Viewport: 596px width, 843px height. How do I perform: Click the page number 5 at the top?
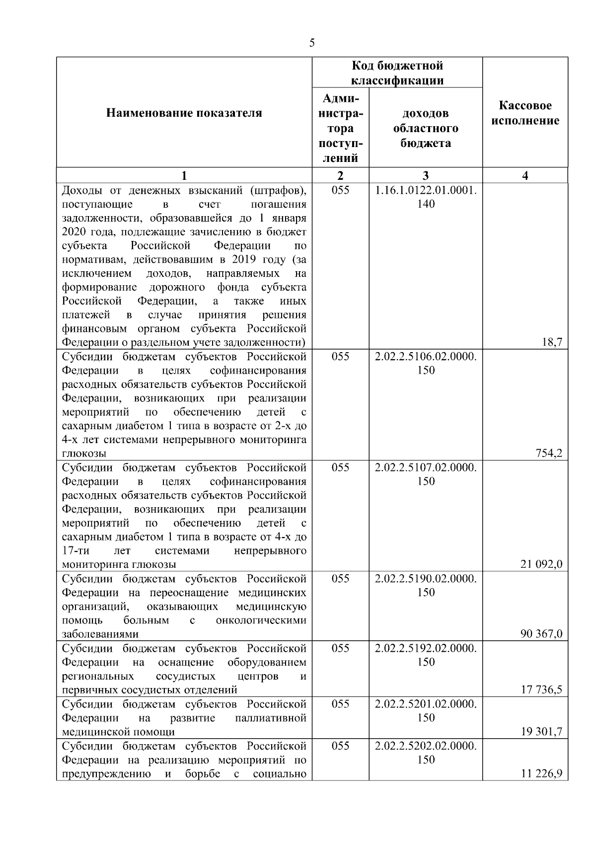[x=311, y=43]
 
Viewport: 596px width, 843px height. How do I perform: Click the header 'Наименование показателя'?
[x=184, y=113]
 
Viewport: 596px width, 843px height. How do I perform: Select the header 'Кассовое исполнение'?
[x=525, y=113]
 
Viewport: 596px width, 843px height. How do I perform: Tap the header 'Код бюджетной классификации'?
[x=397, y=73]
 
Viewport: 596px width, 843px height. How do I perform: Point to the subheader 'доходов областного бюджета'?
[x=426, y=128]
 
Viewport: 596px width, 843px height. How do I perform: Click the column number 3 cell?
[x=426, y=175]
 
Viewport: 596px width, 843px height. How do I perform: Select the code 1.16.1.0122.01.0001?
[x=426, y=190]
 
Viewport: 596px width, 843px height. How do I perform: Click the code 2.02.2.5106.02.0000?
[x=426, y=357]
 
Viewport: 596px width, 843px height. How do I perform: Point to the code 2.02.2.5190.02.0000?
[x=426, y=579]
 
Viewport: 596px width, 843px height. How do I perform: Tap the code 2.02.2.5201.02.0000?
[x=426, y=704]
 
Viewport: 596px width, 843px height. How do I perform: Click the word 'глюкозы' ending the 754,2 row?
[x=84, y=453]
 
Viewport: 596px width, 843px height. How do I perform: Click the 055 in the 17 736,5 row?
[x=340, y=648]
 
